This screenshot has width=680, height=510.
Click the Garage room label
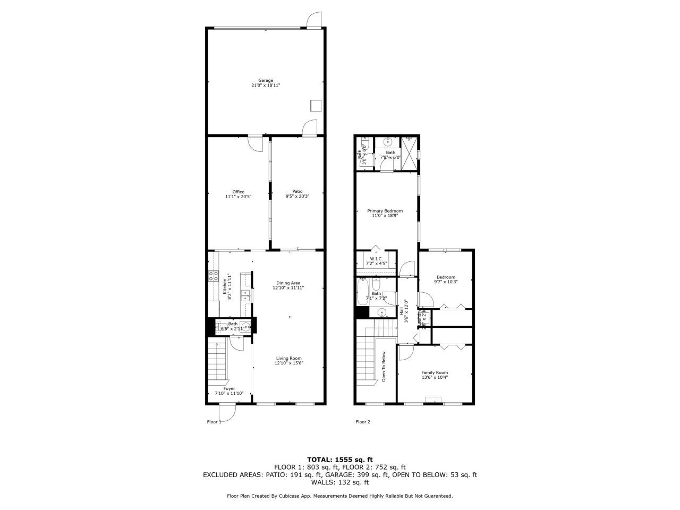[266, 80]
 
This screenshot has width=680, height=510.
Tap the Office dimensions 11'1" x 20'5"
[238, 197]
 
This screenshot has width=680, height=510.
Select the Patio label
[297, 191]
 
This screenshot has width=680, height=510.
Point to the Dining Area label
[288, 283]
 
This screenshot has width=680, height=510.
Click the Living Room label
[288, 358]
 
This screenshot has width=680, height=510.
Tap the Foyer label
[229, 388]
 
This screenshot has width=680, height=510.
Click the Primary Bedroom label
[385, 211]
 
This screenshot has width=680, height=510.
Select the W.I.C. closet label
[376, 259]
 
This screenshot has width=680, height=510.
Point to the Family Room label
[435, 372]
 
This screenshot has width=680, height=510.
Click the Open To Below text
[384, 367]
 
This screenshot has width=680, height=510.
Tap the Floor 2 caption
[363, 422]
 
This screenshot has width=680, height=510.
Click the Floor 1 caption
[214, 422]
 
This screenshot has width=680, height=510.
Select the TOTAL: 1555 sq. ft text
[340, 460]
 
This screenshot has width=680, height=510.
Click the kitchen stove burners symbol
[214, 276]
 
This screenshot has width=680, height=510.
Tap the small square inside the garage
[316, 106]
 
